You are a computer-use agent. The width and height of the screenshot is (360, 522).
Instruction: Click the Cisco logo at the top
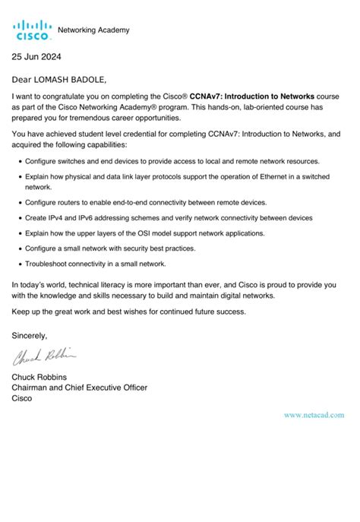coord(32,30)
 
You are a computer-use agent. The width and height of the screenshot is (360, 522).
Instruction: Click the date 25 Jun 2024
coord(36,57)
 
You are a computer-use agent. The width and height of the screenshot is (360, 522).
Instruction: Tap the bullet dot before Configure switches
coord(19,162)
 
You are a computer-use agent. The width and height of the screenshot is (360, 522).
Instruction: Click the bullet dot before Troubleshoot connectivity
coord(19,264)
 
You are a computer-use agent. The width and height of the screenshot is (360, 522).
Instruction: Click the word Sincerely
coord(30,335)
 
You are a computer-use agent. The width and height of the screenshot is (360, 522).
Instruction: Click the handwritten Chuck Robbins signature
coord(44,356)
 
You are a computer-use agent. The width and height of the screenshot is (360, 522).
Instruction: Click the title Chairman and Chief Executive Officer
coord(80,387)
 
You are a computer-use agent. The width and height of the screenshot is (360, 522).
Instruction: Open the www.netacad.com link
coord(314,415)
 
